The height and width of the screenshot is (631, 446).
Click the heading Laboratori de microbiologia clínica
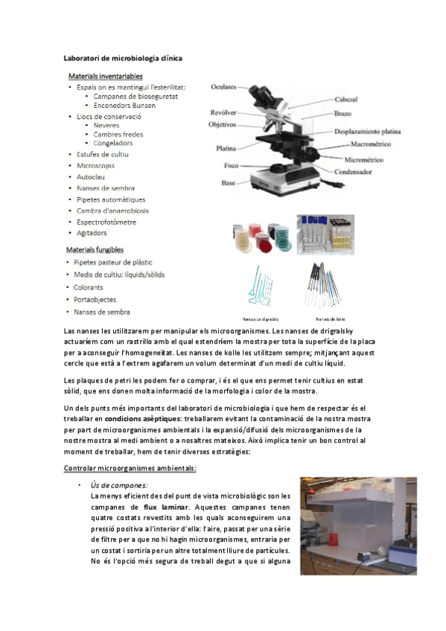pyautogui.click(x=123, y=57)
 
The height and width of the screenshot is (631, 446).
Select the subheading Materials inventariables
pyautogui.click(x=106, y=76)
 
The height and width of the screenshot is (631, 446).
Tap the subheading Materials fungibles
pyautogui.click(x=95, y=250)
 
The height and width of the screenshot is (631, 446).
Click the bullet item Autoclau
pyautogui.click(x=90, y=176)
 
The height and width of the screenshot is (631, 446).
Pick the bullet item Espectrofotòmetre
pyautogui.click(x=106, y=222)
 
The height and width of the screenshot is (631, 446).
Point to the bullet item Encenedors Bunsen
pyautogui.click(x=124, y=105)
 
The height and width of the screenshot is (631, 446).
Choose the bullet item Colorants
pyautogui.click(x=89, y=287)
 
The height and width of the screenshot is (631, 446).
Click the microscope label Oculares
pyautogui.click(x=223, y=86)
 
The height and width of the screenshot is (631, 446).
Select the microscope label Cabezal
pyautogui.click(x=346, y=99)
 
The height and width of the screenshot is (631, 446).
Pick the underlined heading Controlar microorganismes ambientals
pyautogui.click(x=130, y=468)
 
